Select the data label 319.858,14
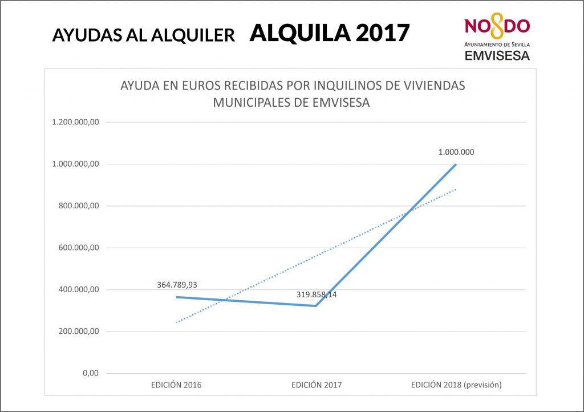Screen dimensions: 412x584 317,294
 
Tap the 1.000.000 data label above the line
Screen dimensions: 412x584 456,152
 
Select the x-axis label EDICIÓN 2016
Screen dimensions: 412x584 176,385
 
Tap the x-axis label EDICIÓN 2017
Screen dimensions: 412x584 317,385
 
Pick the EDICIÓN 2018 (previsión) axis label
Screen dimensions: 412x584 456,385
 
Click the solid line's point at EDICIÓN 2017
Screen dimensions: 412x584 316,306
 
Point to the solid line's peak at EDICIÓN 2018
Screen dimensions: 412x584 456,164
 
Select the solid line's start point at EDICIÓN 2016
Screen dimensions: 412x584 176,297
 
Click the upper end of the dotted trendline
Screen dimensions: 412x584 456,189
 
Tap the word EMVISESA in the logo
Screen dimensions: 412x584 497,55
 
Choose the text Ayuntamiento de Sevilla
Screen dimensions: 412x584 497,44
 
